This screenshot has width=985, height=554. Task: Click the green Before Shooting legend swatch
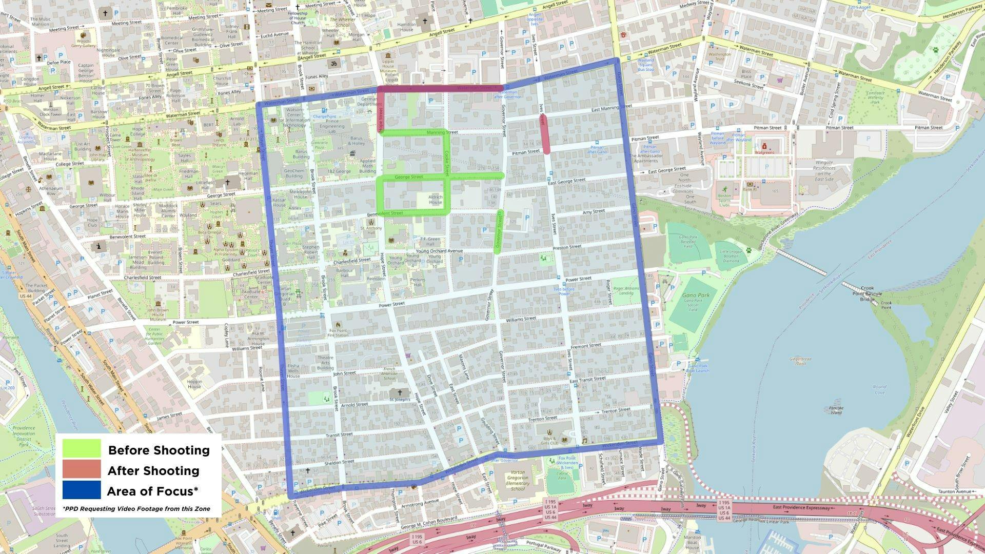point(82,449)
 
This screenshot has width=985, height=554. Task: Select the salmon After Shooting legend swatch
point(82,469)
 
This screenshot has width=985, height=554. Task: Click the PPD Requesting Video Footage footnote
point(136,509)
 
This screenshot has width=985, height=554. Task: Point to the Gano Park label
point(696,295)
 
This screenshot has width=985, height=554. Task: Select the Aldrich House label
point(435,200)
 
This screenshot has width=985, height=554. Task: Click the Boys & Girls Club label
point(549,440)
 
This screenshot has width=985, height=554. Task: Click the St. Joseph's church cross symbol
point(400,392)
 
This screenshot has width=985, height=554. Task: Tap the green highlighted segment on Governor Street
point(498,231)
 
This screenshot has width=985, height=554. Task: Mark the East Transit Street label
point(588,380)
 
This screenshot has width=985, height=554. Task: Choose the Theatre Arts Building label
point(325,363)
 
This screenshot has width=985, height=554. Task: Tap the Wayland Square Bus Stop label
point(645,65)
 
